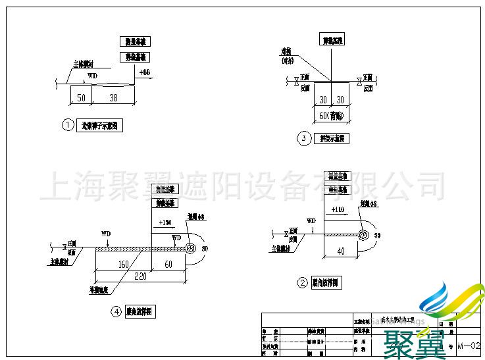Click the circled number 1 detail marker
[68, 125]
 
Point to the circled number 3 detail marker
[303, 138]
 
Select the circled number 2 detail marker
[303, 283]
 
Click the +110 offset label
[338, 209]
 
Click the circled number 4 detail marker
[116, 312]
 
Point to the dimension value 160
[123, 265]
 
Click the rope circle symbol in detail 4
[190, 248]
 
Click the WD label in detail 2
[311, 221]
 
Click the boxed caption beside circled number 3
[332, 139]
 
